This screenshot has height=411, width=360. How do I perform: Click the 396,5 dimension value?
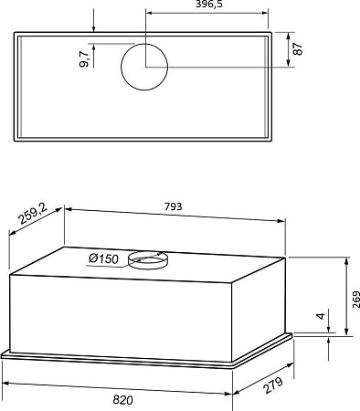coord(209,4)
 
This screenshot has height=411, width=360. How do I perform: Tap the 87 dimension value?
coord(298,48)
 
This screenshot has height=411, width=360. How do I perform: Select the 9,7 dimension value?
coord(84,58)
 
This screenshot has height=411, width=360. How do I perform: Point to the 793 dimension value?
coord(173,206)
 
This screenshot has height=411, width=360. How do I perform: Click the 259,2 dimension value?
coord(33,214)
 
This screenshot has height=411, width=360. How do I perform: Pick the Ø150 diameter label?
coord(103,258)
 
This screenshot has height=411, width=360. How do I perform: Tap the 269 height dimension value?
coord(356,300)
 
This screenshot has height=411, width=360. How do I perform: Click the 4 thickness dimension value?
coord(321,316)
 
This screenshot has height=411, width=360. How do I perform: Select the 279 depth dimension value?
coord(273,385)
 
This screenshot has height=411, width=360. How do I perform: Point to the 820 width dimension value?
coord(122,400)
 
